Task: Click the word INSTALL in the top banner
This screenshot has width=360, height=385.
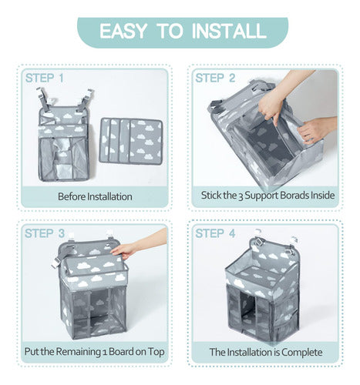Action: [229, 32]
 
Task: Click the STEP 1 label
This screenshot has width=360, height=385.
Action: [44, 78]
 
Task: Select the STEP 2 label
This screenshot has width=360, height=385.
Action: [215, 78]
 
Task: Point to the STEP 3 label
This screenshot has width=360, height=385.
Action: [45, 233]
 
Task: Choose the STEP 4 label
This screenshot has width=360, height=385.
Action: [215, 233]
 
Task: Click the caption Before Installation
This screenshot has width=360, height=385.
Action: [95, 196]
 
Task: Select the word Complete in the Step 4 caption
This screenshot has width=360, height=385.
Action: [301, 353]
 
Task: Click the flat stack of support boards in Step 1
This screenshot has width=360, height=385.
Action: [131, 141]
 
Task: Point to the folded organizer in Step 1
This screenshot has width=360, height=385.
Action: [65, 135]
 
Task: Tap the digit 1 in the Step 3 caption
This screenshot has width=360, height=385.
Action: [105, 353]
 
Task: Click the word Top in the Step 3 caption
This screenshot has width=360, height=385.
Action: [156, 352]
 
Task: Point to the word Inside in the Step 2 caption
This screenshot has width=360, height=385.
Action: [322, 196]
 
